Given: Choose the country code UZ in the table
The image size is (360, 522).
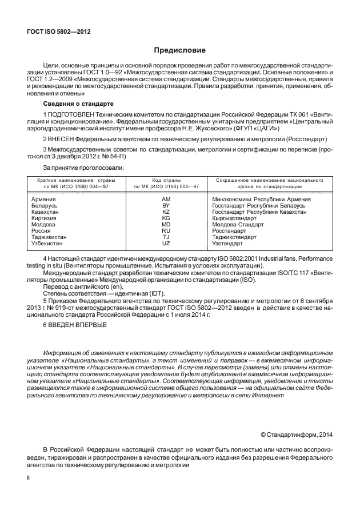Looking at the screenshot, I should [x=166, y=244].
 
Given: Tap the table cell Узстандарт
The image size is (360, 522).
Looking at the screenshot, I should [x=227, y=244].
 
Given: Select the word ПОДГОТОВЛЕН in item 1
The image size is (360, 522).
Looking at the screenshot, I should [x=74, y=115].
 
